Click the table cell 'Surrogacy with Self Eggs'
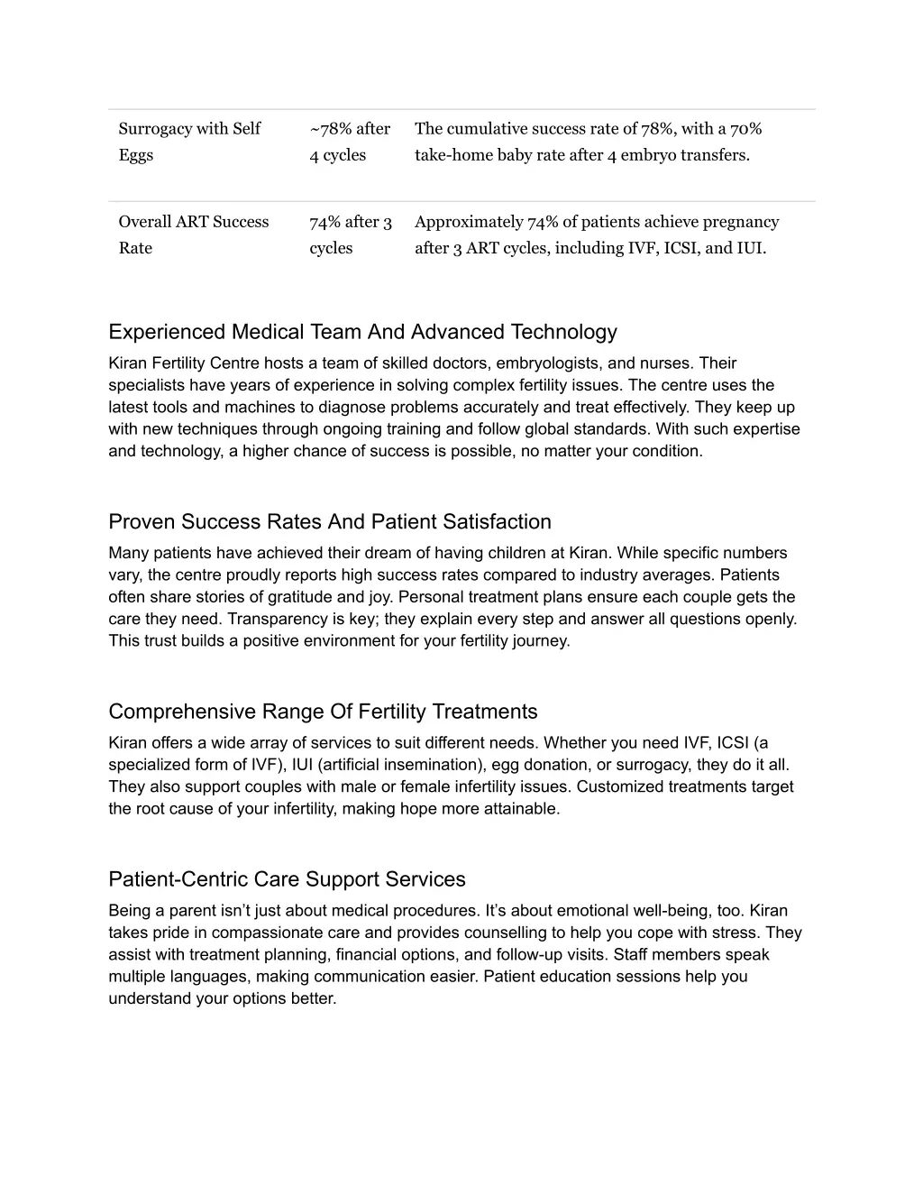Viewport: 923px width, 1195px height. click(x=189, y=142)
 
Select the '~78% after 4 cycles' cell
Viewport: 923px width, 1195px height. click(x=350, y=142)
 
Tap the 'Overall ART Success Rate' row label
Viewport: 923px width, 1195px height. click(x=194, y=234)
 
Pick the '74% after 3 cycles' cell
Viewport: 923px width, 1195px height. click(x=350, y=234)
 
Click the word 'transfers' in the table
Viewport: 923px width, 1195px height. click(x=714, y=155)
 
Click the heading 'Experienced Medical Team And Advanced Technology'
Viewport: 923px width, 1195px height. click(x=362, y=332)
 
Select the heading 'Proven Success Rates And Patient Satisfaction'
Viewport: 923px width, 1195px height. click(x=330, y=521)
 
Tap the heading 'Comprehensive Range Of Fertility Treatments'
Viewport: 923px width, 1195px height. click(x=323, y=712)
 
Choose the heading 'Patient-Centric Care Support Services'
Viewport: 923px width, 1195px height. click(x=287, y=879)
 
